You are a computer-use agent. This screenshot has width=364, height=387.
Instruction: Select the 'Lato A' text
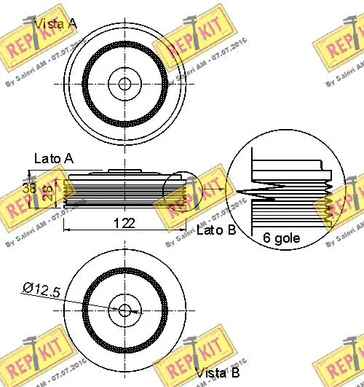click(53, 157)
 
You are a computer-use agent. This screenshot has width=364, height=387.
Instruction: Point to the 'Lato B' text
click(215, 230)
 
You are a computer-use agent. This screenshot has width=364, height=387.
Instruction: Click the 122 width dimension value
click(124, 223)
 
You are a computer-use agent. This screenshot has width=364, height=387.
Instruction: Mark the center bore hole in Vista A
click(124, 84)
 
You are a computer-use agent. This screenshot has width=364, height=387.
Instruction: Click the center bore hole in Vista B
click(124, 310)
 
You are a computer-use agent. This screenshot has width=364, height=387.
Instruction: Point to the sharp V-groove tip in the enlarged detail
click(237, 193)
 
